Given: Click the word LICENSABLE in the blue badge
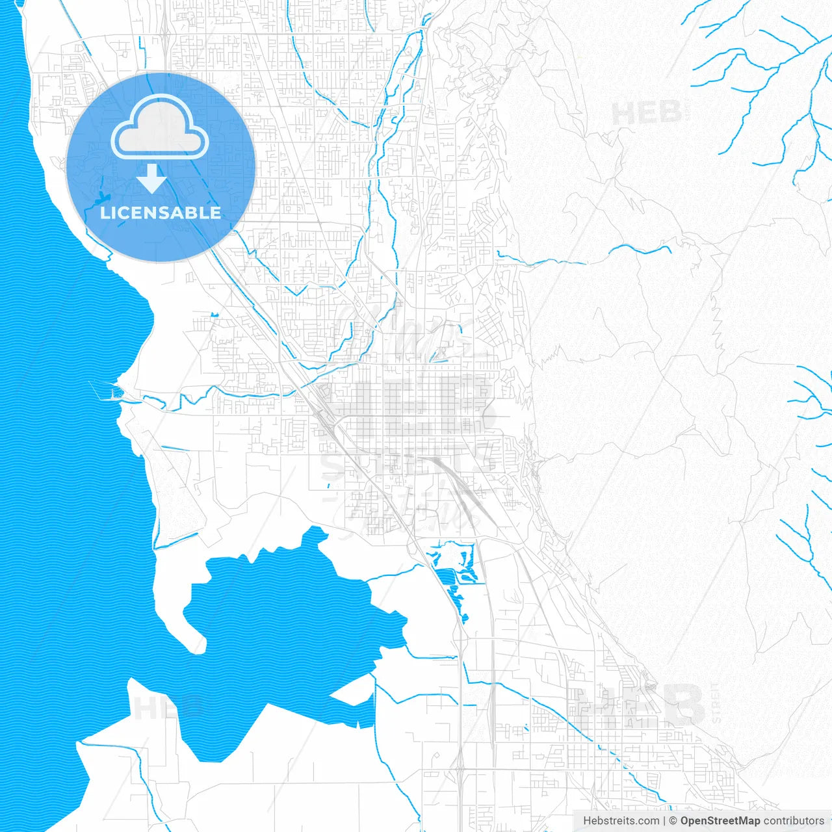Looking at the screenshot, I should (161, 213).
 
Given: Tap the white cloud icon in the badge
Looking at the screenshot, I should (160, 128).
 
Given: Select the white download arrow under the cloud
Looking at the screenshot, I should (152, 178).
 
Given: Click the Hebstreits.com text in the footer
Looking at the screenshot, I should (621, 821).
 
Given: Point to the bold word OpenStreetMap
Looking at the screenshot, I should (720, 821).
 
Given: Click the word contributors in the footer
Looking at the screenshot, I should (794, 821).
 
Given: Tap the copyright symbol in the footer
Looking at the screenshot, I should (673, 821).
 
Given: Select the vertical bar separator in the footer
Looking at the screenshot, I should (664, 821).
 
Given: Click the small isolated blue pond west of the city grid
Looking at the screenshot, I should (214, 315).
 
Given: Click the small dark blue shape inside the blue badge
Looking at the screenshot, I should (105, 197).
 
